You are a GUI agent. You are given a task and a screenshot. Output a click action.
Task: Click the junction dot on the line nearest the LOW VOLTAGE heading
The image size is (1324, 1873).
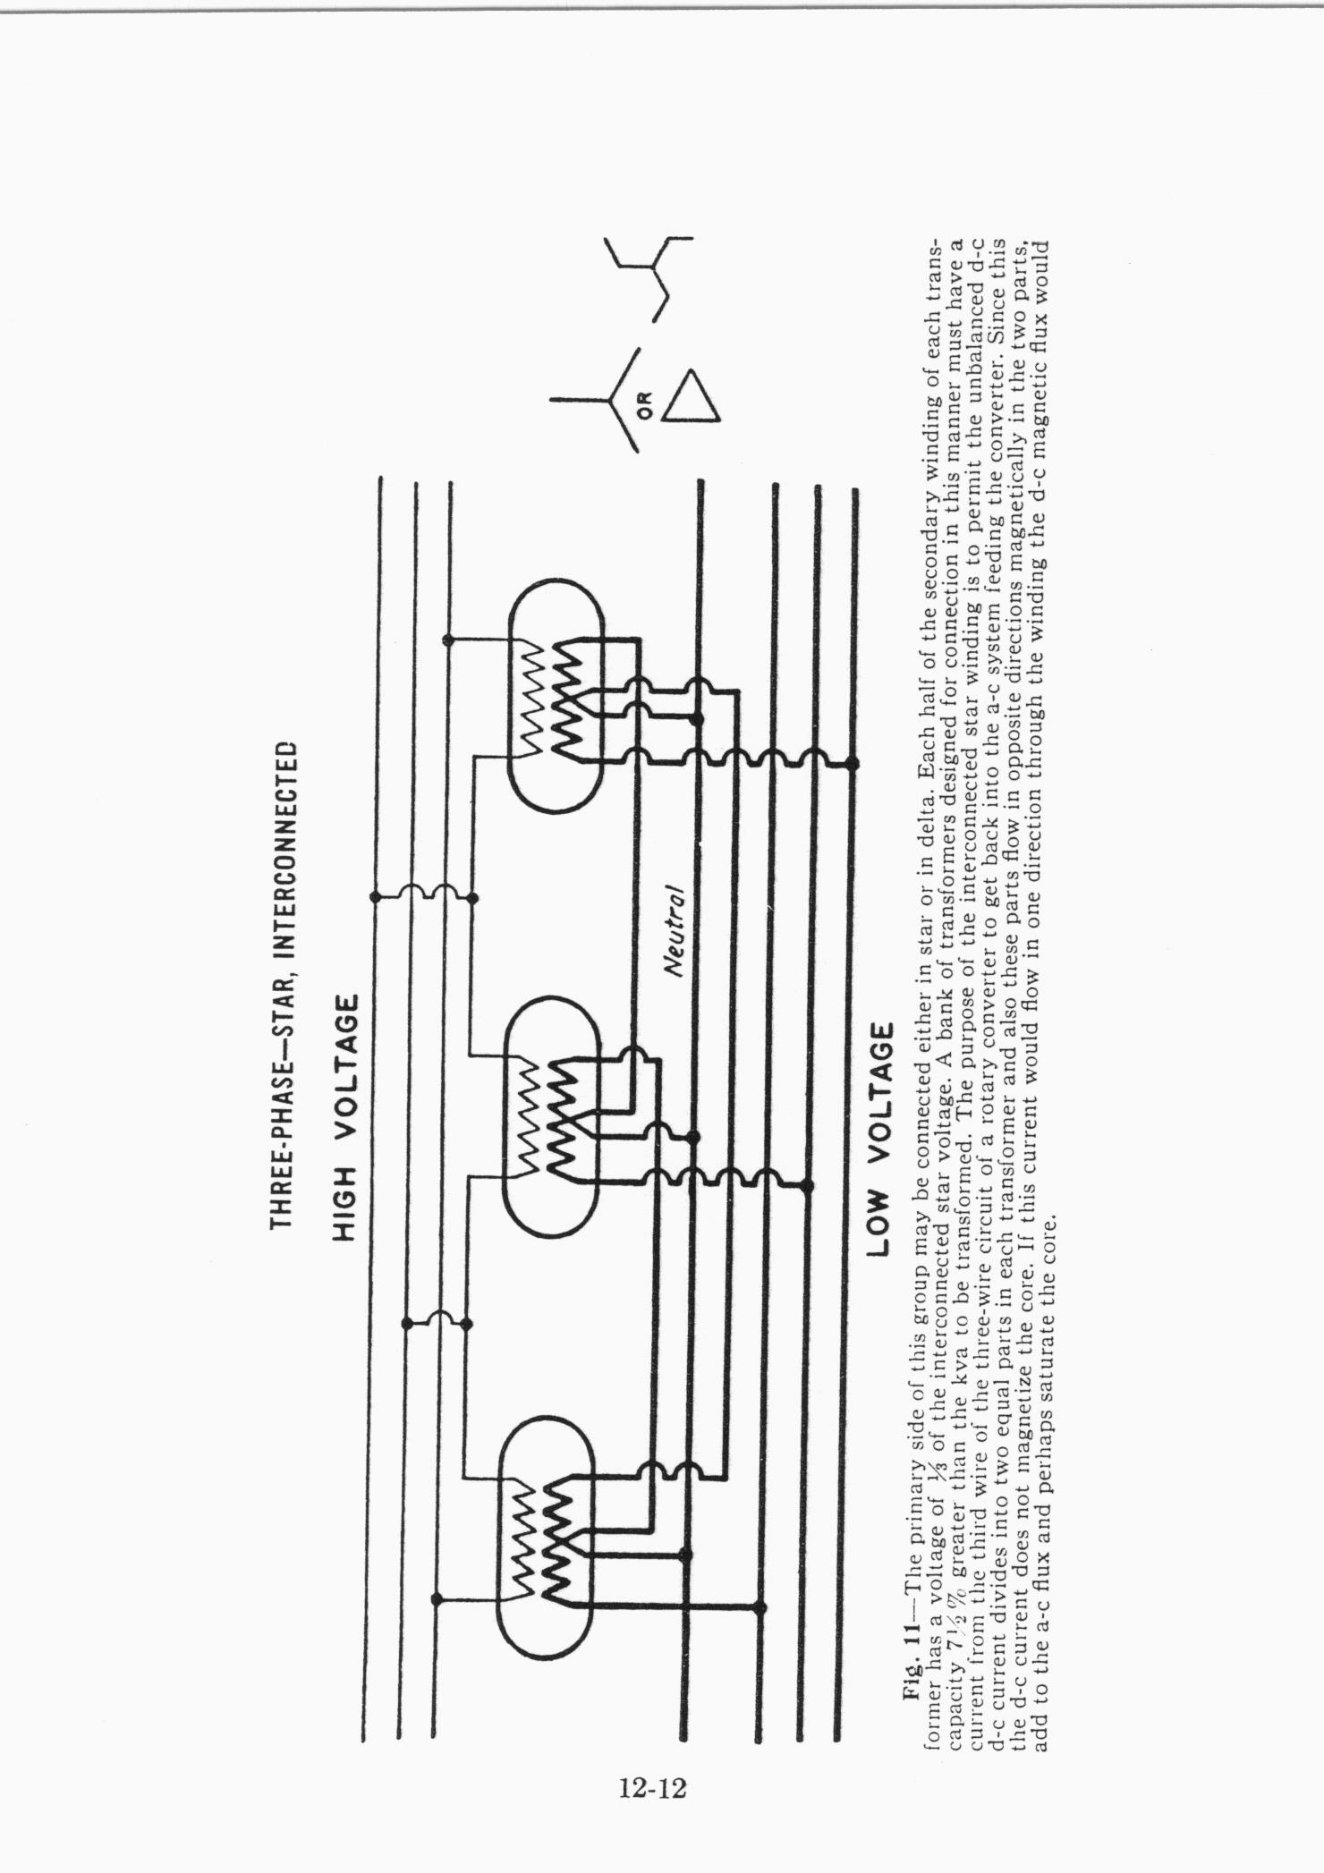852,763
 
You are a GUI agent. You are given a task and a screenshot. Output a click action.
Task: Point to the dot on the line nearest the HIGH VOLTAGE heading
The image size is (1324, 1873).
376,896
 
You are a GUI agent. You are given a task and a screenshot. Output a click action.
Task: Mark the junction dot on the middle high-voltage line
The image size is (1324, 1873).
407,1323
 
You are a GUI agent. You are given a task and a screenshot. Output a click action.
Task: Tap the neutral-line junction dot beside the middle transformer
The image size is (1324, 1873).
692,1137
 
